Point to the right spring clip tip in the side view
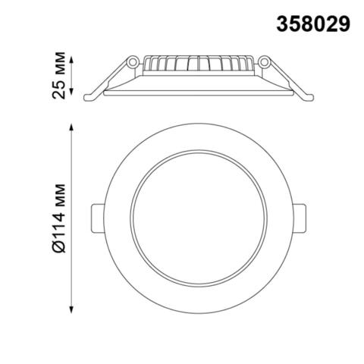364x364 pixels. [309, 97]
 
